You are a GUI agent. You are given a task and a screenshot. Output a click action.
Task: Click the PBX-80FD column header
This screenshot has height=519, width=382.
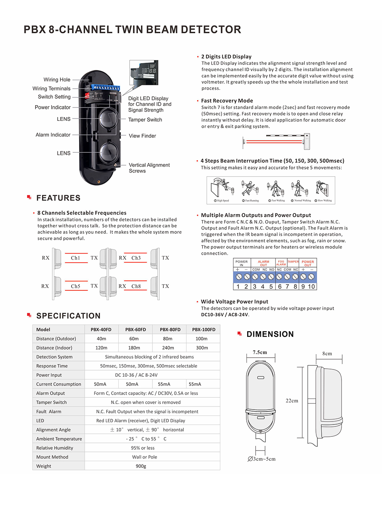tap(170, 329)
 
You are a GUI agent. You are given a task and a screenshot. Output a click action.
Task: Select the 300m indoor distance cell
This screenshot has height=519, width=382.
tap(202, 348)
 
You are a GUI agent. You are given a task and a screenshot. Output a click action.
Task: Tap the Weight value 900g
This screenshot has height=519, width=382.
tap(141, 466)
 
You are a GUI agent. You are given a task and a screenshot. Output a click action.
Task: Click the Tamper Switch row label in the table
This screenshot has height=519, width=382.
tap(51, 402)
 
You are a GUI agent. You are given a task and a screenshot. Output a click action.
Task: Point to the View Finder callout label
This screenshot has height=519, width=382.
tap(142, 136)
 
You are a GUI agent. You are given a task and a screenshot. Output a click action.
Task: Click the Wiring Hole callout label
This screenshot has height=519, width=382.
tap(57, 80)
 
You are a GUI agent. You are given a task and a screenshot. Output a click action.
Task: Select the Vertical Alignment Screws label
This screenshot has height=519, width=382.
tap(149, 168)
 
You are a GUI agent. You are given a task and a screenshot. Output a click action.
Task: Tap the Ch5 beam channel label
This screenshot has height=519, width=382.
tap(76, 286)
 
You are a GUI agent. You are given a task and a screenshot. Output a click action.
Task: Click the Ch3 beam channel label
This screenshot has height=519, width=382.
tap(136, 258)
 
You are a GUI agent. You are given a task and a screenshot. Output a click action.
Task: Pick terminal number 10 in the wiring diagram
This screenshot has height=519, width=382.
tap(311, 286)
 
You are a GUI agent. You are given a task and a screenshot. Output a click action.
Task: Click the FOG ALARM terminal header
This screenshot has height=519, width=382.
tap(281, 263)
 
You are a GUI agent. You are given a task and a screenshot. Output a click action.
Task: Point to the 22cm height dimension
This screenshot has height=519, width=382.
tap(292, 400)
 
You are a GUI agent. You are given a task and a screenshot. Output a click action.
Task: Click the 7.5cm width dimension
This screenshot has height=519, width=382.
tap(260, 352)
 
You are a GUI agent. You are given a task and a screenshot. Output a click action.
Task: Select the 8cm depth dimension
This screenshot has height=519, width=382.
tap(327, 353)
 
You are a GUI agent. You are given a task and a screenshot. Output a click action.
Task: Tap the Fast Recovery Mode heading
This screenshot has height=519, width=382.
tap(227, 101)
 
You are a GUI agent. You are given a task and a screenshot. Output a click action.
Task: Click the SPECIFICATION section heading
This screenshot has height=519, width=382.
tap(68, 316)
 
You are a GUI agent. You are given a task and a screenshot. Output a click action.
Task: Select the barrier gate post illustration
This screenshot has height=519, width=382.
tap(306, 141)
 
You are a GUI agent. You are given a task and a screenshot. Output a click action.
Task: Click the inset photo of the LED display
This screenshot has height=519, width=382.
tap(143, 72)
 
